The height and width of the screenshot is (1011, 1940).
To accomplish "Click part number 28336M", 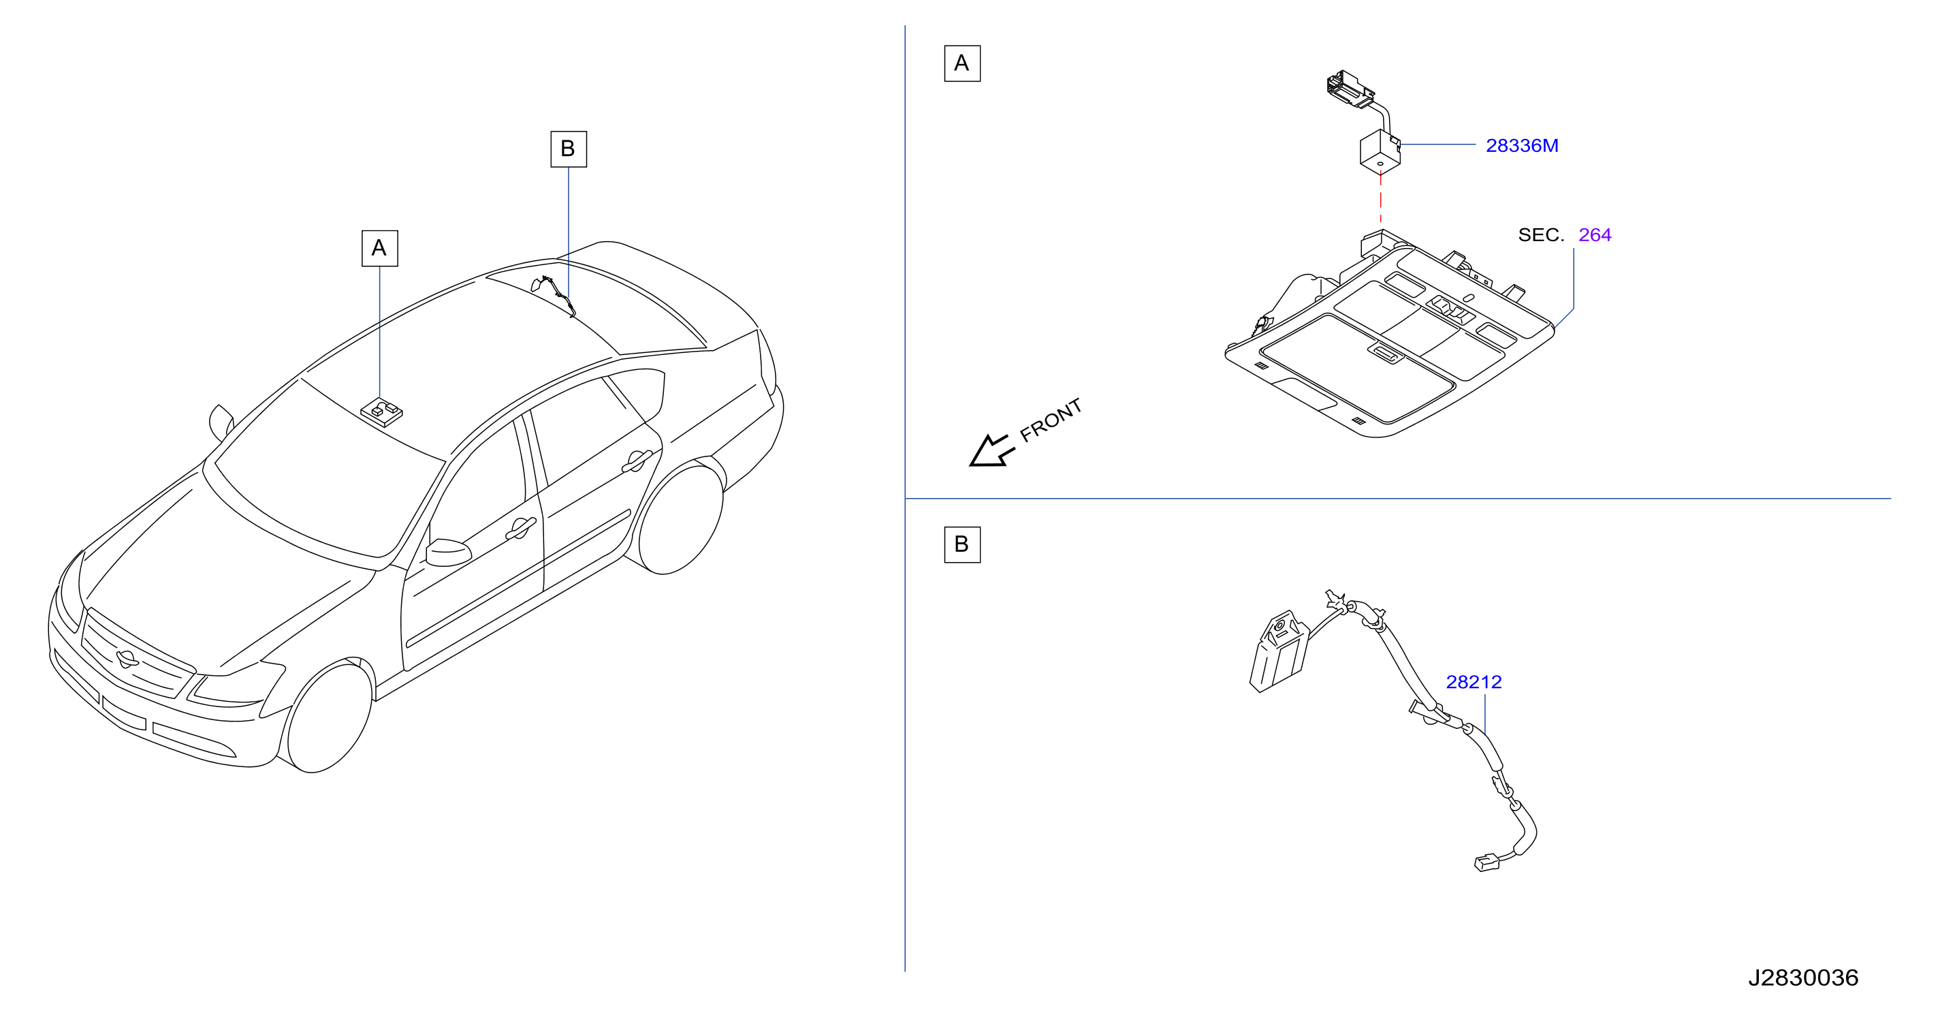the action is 1521,145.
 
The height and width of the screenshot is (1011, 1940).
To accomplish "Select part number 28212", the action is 1473,682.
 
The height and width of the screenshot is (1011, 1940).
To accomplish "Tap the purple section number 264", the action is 1594,235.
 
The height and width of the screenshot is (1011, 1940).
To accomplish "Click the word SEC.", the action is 1541,235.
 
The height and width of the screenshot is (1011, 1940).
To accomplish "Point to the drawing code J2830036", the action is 1803,978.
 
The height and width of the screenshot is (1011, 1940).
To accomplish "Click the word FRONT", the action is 1051,420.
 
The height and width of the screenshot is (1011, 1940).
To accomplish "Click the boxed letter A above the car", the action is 379,249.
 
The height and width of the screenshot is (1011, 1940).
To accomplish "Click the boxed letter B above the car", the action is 569,149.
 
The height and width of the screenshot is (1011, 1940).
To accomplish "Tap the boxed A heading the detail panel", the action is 961,63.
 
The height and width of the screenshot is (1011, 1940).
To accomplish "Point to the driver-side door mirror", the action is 448,553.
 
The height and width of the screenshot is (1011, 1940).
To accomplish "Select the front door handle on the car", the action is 520,529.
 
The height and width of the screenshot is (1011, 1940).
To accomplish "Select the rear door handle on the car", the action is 637,461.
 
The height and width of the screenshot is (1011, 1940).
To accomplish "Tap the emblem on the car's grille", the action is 127,658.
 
